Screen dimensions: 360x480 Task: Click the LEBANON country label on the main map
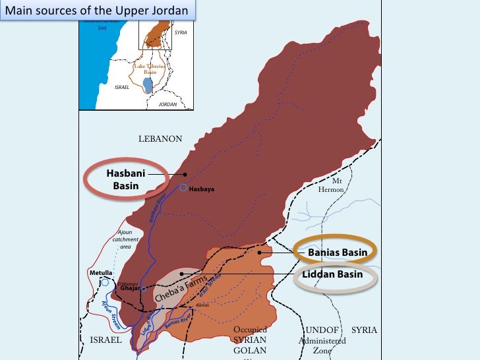[x=160, y=138]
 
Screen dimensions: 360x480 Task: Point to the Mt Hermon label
[x=336, y=185]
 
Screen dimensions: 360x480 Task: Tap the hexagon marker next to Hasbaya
[x=184, y=188]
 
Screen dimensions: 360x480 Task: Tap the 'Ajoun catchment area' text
[x=125, y=239]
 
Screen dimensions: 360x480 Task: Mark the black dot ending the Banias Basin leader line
[x=260, y=252]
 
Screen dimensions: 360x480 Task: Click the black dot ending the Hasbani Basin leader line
[x=185, y=175]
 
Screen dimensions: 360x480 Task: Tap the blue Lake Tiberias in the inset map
[x=148, y=85]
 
